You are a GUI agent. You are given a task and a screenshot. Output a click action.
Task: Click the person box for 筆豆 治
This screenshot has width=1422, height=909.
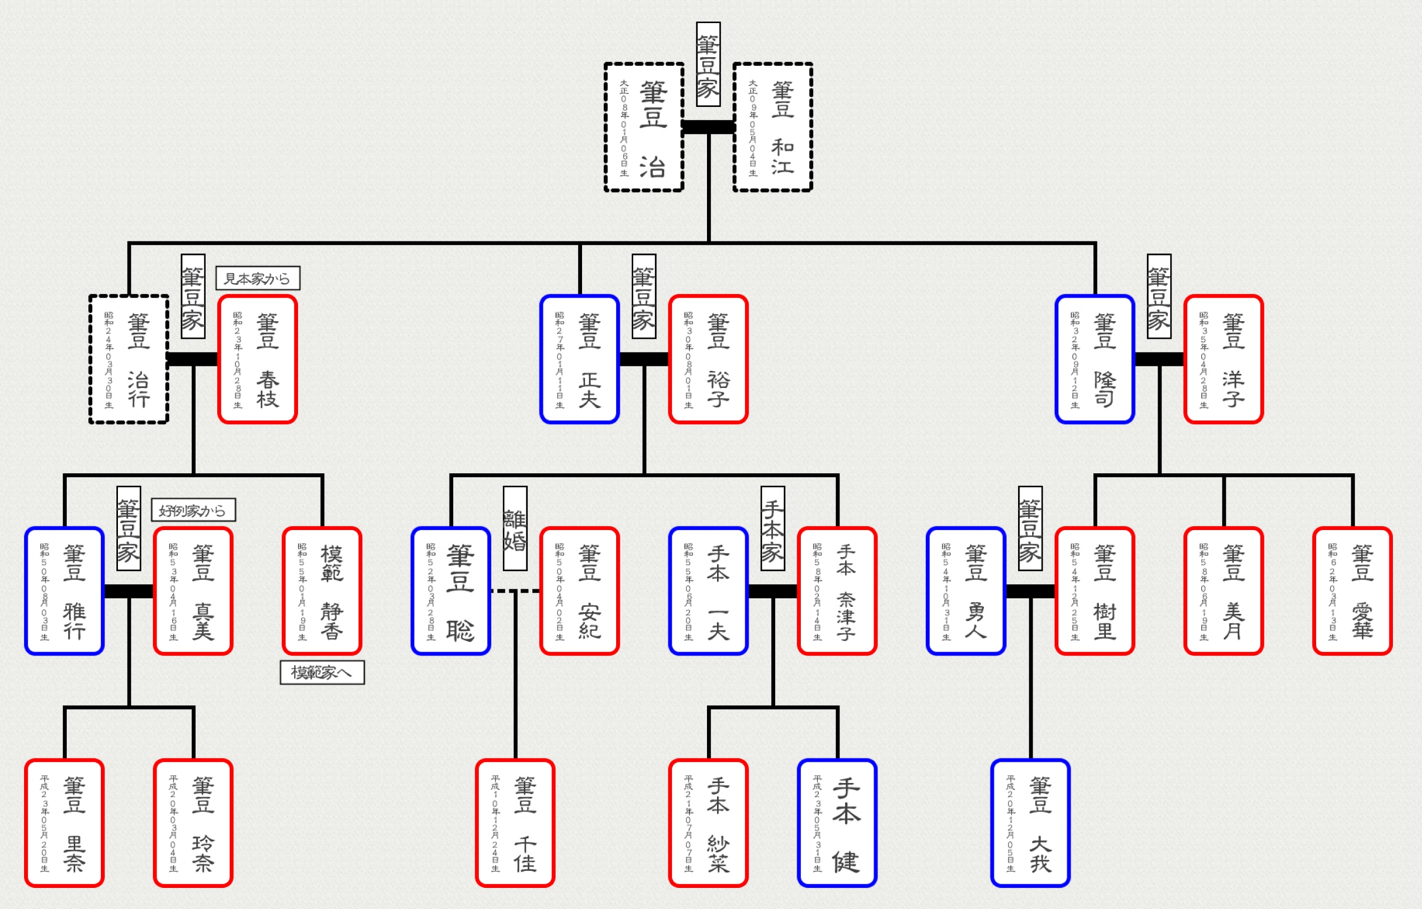[x=644, y=127]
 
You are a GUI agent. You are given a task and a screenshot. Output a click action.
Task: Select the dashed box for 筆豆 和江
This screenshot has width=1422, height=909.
[x=772, y=127]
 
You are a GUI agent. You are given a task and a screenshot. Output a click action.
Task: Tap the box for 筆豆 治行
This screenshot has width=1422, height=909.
[x=129, y=359]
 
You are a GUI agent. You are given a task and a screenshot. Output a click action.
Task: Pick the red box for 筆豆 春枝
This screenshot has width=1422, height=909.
[x=257, y=359]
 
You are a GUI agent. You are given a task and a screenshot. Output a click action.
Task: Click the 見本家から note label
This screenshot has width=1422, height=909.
[x=257, y=278]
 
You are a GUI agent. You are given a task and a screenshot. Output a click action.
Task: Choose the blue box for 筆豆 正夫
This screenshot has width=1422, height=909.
[x=580, y=359]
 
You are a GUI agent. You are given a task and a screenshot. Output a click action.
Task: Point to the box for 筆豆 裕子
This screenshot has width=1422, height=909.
[x=708, y=359]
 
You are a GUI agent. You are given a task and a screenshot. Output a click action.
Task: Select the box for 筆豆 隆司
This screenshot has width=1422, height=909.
[x=1095, y=359]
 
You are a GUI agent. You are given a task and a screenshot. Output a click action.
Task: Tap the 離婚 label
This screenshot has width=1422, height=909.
[x=515, y=528]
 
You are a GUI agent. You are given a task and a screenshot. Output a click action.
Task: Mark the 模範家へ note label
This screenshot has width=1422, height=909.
[x=322, y=672]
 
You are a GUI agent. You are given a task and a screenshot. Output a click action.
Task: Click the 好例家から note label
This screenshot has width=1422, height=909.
[x=193, y=510]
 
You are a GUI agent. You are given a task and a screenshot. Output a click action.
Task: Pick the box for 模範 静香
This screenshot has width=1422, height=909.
[x=322, y=591]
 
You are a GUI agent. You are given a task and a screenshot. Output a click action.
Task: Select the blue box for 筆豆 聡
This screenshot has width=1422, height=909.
[x=451, y=591]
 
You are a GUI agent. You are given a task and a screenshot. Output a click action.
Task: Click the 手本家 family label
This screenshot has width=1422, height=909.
[x=772, y=528]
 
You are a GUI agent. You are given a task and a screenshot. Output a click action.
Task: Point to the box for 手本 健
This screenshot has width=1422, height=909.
[x=837, y=823]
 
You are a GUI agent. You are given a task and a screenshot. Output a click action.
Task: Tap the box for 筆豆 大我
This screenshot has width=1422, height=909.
[x=1031, y=823]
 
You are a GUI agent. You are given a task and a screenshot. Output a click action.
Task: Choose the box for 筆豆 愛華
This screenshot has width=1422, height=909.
[x=1352, y=591]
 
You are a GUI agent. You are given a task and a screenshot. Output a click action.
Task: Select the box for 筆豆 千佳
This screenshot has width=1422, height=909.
[x=515, y=823]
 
